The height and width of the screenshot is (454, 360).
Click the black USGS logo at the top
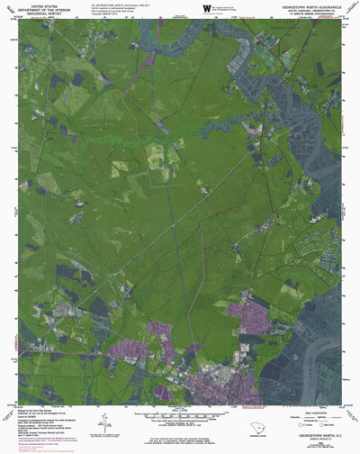coord(208,7)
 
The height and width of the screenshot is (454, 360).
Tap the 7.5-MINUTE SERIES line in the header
coord(306,14)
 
